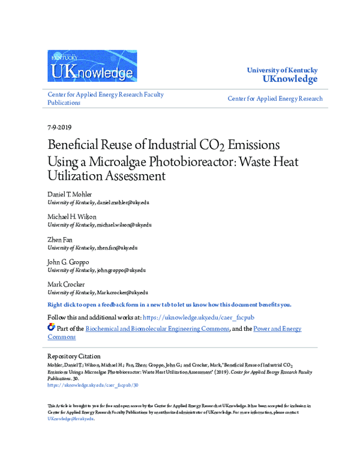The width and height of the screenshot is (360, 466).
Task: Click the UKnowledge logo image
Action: pos(92,65)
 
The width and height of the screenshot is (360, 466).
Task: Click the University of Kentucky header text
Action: pos(282,70)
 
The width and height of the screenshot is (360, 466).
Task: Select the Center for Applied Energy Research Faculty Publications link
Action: pos(106,98)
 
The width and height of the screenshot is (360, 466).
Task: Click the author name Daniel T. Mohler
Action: pos(70,195)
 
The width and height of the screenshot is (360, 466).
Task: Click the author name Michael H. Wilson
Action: pos(71,216)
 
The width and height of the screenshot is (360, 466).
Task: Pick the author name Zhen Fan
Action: pos(61,238)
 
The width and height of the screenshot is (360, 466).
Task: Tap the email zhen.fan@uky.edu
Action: pos(117,247)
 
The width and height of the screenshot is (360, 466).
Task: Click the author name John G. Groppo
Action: pos(68,261)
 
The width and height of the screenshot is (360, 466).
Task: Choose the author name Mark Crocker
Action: pos(65,283)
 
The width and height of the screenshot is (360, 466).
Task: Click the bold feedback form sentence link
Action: pos(169,304)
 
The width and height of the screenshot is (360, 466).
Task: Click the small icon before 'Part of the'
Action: pos(51,328)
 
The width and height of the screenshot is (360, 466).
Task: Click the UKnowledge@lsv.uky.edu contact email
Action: pos(71,419)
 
